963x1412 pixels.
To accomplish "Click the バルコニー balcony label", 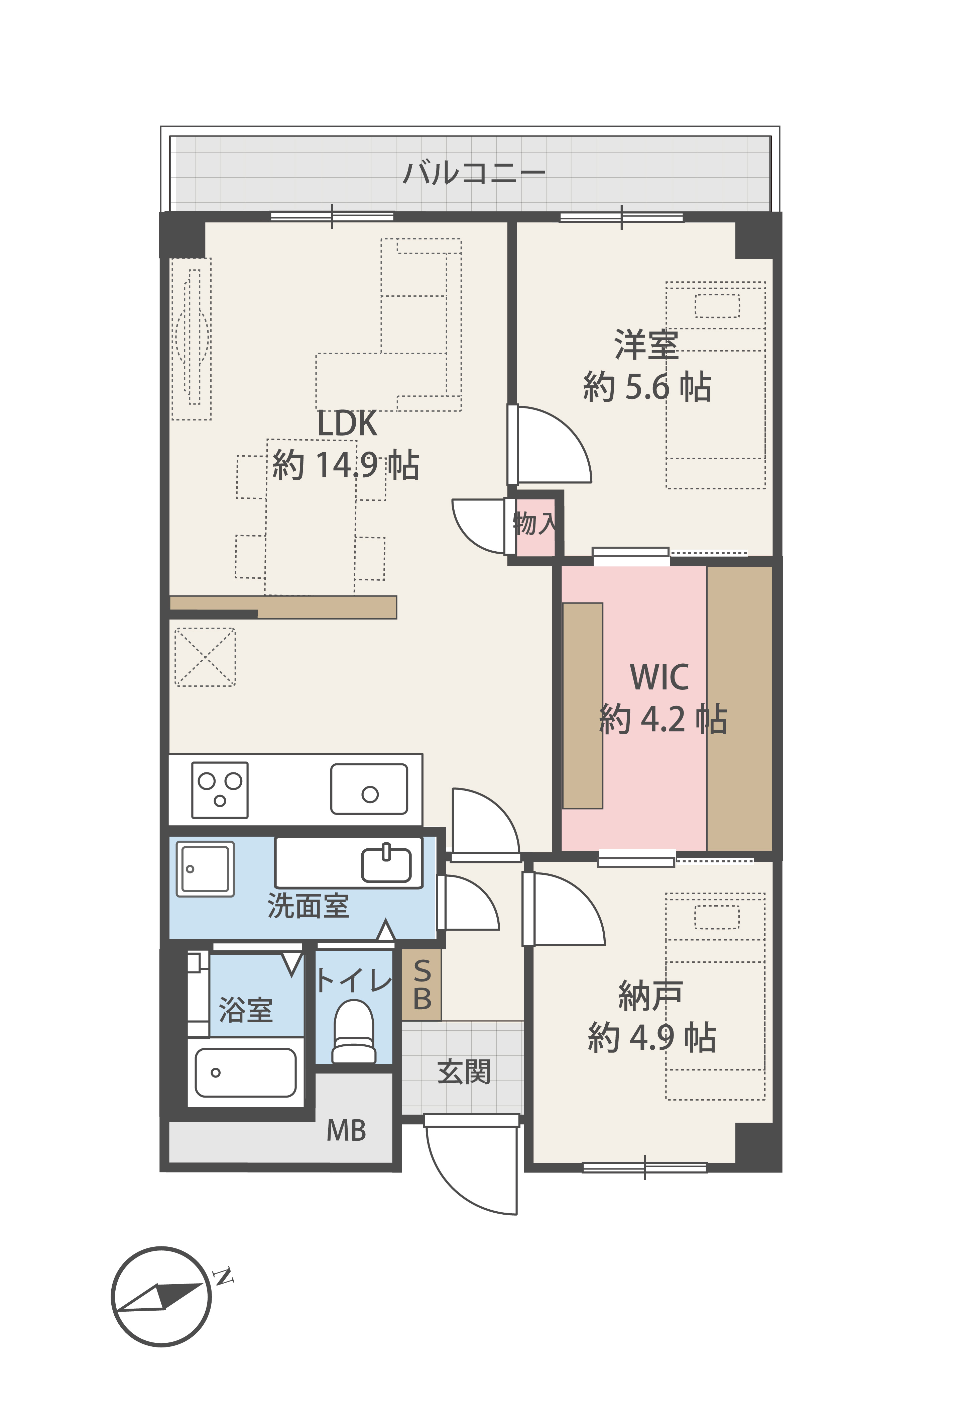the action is [474, 173].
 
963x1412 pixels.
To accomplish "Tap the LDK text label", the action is [347, 423].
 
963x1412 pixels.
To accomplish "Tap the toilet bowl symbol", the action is [354, 1030].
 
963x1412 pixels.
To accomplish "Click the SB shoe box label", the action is [422, 984].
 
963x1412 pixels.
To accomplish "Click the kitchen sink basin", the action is [369, 789].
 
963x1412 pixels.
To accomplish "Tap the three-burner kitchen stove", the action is [220, 790].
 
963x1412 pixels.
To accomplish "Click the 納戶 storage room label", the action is [650, 997].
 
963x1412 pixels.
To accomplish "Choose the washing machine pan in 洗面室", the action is [205, 869].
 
